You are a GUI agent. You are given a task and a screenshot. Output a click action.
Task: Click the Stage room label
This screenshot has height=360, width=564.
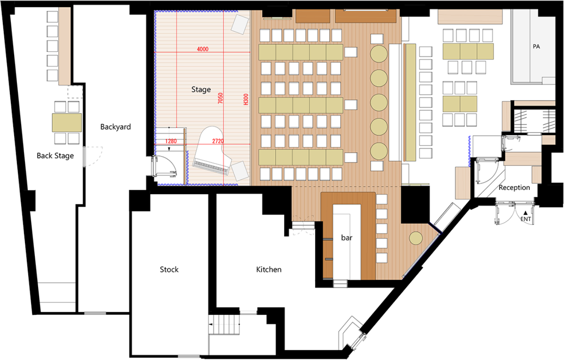click(x=201, y=89)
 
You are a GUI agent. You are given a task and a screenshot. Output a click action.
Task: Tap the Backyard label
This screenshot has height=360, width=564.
click(x=116, y=126)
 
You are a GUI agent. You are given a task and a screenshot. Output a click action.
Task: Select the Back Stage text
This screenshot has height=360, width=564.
click(x=55, y=156)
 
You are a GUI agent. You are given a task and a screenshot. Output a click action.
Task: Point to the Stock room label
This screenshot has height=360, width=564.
click(x=169, y=270)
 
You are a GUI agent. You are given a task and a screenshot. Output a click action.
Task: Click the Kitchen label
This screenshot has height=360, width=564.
click(x=269, y=270)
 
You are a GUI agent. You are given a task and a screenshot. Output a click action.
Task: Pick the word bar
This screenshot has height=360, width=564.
click(x=346, y=238)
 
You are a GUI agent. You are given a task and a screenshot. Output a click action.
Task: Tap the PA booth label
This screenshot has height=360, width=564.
click(x=536, y=46)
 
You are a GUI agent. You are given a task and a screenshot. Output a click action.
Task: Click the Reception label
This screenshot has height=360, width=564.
click(x=514, y=187)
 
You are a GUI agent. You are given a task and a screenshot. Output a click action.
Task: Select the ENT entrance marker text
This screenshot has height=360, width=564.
click(x=526, y=219)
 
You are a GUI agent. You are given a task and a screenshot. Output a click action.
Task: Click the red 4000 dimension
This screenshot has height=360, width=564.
click(x=203, y=49)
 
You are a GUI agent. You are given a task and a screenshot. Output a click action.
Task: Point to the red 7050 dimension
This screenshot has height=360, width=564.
click(x=220, y=98)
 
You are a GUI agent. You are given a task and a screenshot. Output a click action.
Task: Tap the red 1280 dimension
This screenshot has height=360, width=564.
click(x=171, y=141)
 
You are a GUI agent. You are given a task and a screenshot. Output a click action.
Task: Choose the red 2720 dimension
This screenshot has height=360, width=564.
click(x=218, y=141)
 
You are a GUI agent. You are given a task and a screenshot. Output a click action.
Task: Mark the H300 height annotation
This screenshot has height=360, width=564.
click(x=246, y=99)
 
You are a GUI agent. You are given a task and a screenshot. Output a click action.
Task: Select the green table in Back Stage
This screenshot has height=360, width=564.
click(x=67, y=123)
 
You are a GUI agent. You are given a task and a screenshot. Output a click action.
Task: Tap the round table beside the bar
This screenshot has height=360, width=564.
click(x=416, y=238)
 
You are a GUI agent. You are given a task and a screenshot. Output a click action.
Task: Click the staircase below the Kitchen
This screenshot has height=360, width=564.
click(x=224, y=324)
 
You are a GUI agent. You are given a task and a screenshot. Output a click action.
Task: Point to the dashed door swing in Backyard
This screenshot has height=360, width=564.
click(x=94, y=156)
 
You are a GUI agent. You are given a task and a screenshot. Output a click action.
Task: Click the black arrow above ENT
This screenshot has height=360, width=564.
click(x=525, y=213)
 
